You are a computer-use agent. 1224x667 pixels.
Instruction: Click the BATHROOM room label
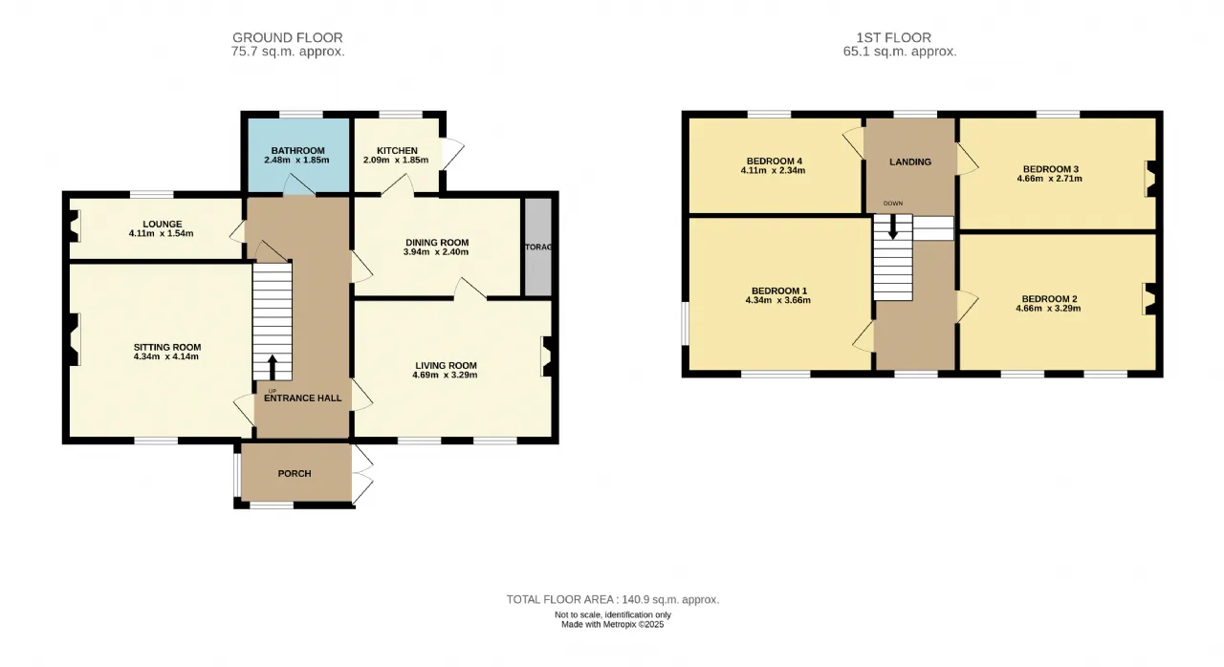297,151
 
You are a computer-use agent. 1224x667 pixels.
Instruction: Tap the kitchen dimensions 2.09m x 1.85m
396,161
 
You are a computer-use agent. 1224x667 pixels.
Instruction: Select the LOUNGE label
163,225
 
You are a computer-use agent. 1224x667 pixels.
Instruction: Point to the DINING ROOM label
437,243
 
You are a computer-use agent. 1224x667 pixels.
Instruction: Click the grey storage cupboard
538,247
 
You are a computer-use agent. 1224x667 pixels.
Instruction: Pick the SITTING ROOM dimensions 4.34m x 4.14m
166,357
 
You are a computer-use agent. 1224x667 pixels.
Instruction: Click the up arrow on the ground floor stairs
272,367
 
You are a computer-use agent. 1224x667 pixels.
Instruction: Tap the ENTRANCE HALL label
303,398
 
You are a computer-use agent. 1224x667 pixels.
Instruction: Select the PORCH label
295,474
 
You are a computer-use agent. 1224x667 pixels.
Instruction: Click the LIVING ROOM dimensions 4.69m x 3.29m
445,376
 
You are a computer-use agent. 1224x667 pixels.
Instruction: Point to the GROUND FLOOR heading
288,37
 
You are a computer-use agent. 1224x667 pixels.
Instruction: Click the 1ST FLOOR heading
893,37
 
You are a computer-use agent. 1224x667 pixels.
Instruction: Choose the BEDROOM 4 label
775,161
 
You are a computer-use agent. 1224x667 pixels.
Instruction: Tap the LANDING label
910,162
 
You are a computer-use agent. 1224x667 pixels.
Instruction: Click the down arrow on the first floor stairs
893,226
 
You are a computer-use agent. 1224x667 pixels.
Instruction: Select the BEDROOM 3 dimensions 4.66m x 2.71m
1050,179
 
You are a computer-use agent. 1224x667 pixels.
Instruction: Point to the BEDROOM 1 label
779,291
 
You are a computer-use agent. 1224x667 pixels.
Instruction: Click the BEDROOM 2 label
1050,299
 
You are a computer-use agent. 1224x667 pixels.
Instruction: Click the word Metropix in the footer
619,624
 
